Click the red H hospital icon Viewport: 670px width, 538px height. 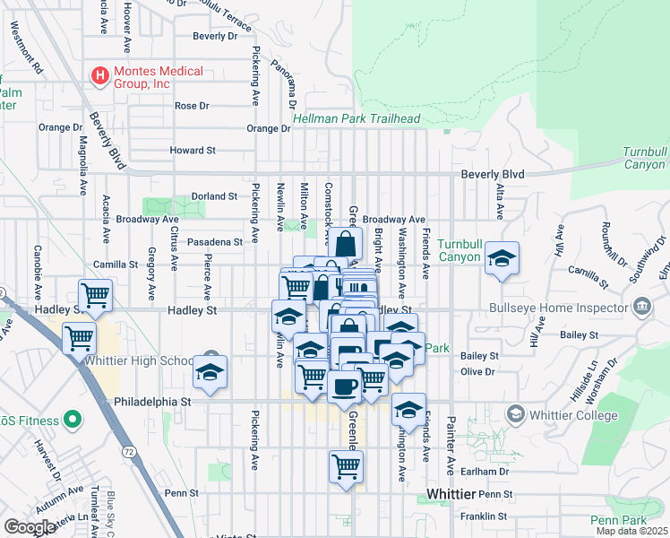tap(99, 77)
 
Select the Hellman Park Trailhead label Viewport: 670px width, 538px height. tap(356, 118)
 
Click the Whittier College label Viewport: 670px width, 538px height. tap(572, 415)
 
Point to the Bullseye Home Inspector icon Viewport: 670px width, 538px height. tap(641, 308)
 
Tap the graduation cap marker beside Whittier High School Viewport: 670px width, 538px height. tap(210, 372)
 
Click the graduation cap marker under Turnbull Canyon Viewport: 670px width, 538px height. tap(502, 258)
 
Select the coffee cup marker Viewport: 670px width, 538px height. tap(343, 386)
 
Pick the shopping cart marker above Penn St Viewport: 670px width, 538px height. tap(346, 465)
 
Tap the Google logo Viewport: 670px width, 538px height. tap(30, 527)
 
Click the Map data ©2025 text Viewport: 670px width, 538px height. tap(631, 531)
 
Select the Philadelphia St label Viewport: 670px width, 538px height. tap(154, 403)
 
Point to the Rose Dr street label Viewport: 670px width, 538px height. tap(192, 106)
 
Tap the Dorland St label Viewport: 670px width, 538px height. tap(213, 195)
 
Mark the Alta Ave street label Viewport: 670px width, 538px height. tap(500, 203)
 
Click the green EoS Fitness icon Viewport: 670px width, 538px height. tap(71, 421)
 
